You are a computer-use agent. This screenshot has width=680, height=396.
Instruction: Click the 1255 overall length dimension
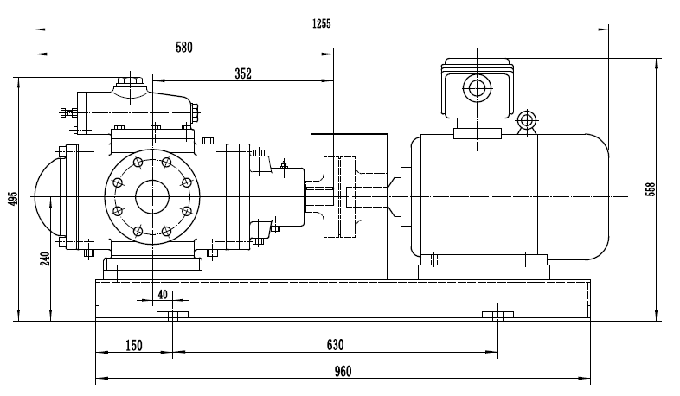point(321,22)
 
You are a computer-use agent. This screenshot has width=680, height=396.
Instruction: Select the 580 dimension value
point(183,48)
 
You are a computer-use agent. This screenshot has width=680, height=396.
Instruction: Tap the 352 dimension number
point(242,74)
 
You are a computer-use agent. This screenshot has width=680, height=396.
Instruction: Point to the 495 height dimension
point(12,199)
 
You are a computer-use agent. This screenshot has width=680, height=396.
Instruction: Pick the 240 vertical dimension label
point(45,256)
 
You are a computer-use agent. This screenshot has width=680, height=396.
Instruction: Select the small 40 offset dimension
point(162,294)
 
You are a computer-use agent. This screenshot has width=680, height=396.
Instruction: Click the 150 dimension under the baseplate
point(133,345)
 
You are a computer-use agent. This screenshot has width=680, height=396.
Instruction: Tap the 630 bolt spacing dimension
point(335,345)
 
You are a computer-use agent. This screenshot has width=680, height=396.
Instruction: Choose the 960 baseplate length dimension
point(343,372)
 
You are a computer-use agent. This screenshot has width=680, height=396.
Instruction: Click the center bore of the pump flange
point(151,196)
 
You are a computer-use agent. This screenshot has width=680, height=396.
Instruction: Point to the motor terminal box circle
point(476,88)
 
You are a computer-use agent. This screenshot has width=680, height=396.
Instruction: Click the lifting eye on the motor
point(526,121)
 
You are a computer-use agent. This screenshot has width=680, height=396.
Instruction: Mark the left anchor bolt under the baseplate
point(172,314)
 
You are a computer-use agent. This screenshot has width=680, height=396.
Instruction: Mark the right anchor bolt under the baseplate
point(497,314)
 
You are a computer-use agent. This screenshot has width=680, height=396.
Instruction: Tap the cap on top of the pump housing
point(130,84)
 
